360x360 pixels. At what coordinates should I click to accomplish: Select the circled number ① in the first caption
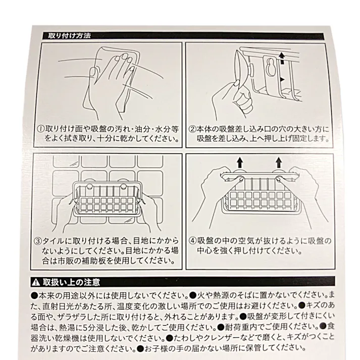pyautogui.click(x=40, y=128)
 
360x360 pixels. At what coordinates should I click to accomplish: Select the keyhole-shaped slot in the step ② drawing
pyautogui.click(x=271, y=65)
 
